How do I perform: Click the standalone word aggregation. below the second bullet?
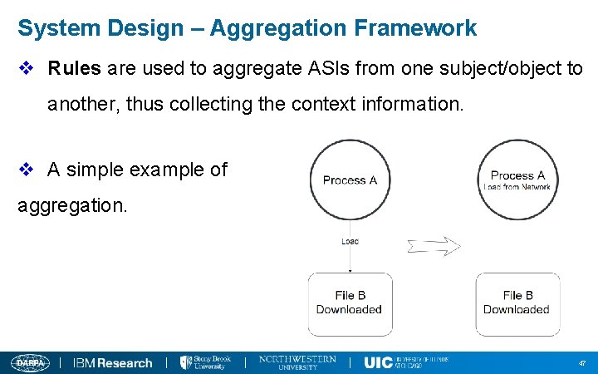pos(73,204)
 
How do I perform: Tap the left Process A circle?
pos(350,180)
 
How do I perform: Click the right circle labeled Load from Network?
pos(517,180)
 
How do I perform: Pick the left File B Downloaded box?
pos(350,303)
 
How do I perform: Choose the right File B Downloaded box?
pos(517,303)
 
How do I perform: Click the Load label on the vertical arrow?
pos(350,242)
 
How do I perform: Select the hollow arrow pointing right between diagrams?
pos(434,245)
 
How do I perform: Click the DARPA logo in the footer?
pos(30,362)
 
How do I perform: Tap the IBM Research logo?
pos(113,362)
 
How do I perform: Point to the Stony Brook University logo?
pos(205,362)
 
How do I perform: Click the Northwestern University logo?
pos(297,362)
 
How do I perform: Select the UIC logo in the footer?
pos(405,362)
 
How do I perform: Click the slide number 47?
pos(581,363)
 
